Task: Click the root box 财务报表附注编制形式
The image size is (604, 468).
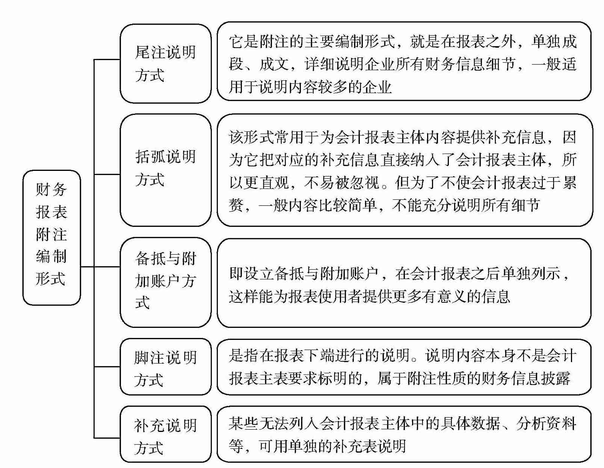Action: tap(51, 237)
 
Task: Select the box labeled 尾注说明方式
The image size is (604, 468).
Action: tap(165, 63)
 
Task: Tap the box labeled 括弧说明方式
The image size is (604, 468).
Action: tap(165, 170)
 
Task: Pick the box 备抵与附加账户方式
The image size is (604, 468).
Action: tap(165, 282)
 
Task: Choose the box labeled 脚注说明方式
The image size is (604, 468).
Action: tap(165, 367)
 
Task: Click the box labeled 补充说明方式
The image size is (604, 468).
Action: tap(165, 434)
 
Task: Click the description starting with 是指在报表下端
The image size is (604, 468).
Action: tap(404, 367)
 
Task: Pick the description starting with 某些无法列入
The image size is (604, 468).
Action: tap(404, 434)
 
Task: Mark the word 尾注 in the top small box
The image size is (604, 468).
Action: tap(150, 52)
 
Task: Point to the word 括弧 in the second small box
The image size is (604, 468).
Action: tap(150, 157)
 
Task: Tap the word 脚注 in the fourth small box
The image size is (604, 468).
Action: tap(149, 358)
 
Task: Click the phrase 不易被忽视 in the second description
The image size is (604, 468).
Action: tap(342, 183)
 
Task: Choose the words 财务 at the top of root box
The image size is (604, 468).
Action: tap(51, 189)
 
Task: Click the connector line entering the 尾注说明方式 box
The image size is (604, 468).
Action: tap(107, 59)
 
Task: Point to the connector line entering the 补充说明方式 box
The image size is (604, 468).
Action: tap(107, 438)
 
